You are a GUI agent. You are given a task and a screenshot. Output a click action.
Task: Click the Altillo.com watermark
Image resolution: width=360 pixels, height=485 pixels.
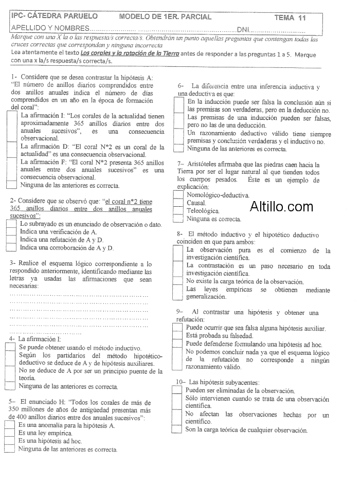pyautogui.click(x=281, y=207)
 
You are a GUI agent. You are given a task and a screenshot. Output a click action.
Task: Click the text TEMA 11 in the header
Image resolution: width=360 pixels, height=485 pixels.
pyautogui.click(x=290, y=17)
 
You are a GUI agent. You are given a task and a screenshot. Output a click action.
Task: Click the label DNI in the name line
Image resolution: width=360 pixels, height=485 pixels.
pyautogui.click(x=243, y=28)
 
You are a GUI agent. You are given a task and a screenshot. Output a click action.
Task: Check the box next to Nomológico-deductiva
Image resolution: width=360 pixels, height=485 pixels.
pyautogui.click(x=178, y=195)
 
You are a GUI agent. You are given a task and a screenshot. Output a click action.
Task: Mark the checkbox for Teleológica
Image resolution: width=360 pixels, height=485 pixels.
pyautogui.click(x=178, y=211)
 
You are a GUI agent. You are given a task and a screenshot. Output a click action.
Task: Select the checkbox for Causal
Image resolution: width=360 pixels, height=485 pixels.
pyautogui.click(x=178, y=203)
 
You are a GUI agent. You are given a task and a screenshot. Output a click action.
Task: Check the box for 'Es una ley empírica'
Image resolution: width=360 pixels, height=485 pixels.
pyautogui.click(x=9, y=433)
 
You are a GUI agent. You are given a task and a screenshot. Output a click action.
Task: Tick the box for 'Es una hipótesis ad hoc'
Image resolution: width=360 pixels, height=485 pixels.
pyautogui.click(x=9, y=440)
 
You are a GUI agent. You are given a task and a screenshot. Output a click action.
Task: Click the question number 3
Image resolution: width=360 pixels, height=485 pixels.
pyautogui.click(x=12, y=263)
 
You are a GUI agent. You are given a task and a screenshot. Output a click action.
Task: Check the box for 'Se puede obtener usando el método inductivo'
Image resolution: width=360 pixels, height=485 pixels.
pyautogui.click(x=9, y=348)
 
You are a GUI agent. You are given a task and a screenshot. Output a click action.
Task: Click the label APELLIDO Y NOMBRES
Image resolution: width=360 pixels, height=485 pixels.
pyautogui.click(x=49, y=28)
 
